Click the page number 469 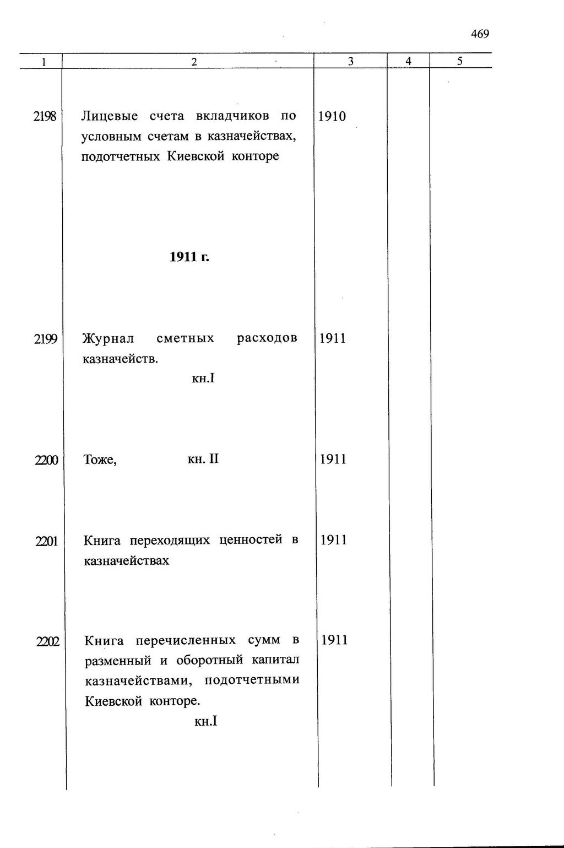(x=480, y=34)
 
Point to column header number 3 (x=351, y=62)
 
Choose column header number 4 (x=409, y=62)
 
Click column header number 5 (x=460, y=62)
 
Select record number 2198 (x=45, y=116)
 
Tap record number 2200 (x=46, y=460)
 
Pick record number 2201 (x=46, y=541)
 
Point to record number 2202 (x=47, y=641)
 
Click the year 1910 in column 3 (x=332, y=116)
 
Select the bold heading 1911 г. (x=189, y=257)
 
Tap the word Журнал (x=108, y=338)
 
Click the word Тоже (x=100, y=460)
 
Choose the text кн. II (x=203, y=459)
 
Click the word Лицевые (x=110, y=116)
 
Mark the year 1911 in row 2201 (x=334, y=540)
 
